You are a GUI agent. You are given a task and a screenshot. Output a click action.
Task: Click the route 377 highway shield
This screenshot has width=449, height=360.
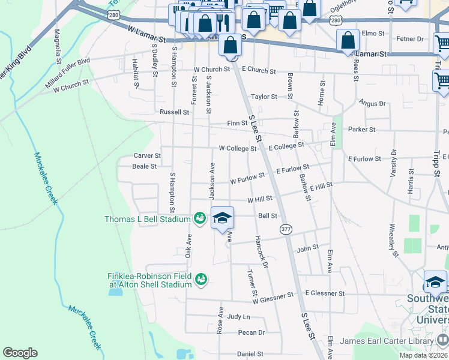pyautogui.click(x=285, y=229)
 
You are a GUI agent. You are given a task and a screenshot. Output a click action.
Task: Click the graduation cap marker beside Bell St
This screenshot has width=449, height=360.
pyautogui.click(x=221, y=218)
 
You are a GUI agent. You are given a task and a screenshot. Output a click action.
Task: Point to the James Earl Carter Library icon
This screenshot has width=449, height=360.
pyautogui.click(x=442, y=341)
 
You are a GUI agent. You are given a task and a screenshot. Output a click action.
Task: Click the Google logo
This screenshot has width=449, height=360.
pyautogui.click(x=20, y=353)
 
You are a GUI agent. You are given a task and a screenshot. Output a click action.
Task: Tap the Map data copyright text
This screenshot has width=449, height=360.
pyautogui.click(x=424, y=355)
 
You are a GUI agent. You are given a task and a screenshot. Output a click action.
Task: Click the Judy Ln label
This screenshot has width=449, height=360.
pyautogui.click(x=238, y=316)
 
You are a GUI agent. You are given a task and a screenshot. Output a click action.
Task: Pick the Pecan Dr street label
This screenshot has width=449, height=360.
pyautogui.click(x=251, y=332)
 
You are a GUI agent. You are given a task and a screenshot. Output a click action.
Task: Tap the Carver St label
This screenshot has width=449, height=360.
pyautogui.click(x=147, y=155)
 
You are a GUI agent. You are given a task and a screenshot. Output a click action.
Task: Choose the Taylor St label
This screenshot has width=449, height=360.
pyautogui.click(x=264, y=96)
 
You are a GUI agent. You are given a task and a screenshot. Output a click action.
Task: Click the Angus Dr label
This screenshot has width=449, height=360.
pyautogui.click(x=372, y=103)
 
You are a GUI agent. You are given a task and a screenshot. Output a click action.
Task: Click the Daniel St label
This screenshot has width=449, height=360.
pyautogui.click(x=250, y=354)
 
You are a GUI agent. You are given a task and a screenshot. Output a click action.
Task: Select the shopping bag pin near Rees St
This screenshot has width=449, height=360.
pyautogui.click(x=348, y=41)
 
